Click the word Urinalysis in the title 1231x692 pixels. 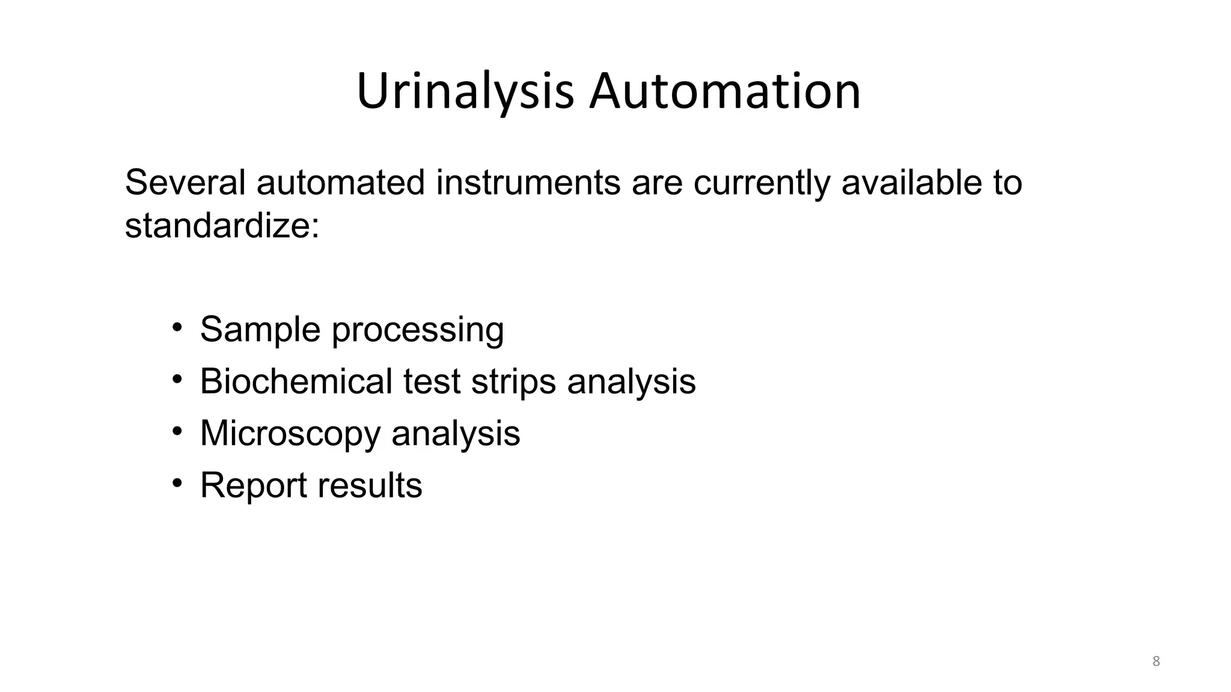(x=465, y=91)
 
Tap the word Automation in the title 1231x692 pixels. (x=725, y=91)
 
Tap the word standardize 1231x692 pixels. (x=222, y=226)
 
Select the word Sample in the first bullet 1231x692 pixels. (x=260, y=329)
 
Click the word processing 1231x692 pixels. (x=418, y=330)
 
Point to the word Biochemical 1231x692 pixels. (x=296, y=381)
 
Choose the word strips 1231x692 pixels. (x=514, y=382)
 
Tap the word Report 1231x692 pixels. (x=254, y=485)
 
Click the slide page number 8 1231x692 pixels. (x=1156, y=661)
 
